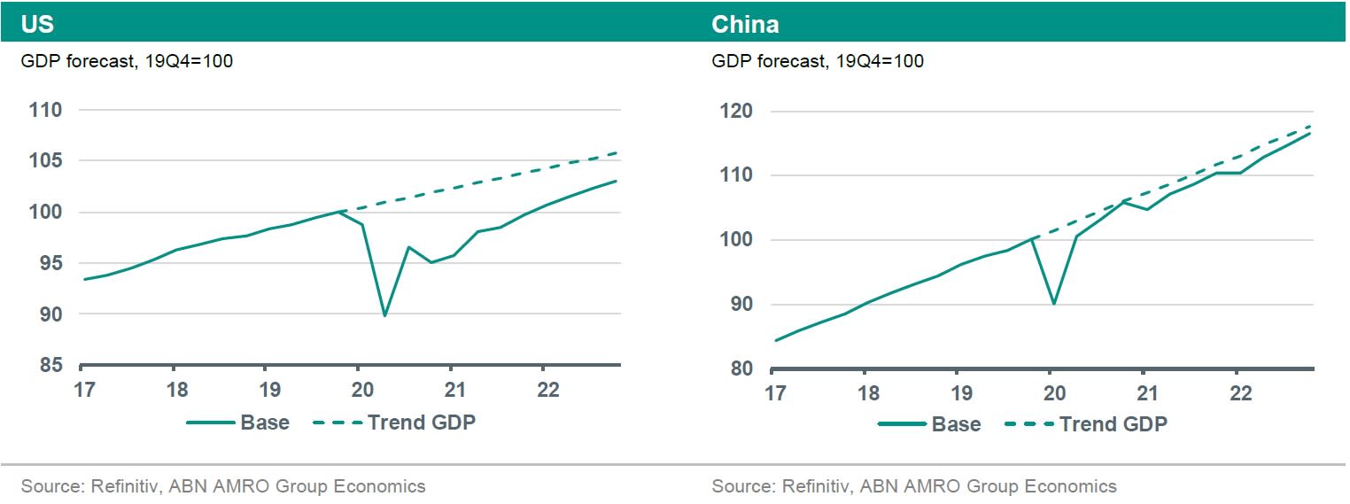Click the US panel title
37,24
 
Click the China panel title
745,24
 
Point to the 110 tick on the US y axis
45,111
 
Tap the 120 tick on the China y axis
735,112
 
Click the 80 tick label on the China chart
740,368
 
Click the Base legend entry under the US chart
264,423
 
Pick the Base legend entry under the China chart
956,424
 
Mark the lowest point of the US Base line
384,315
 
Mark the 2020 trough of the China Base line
1052,304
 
